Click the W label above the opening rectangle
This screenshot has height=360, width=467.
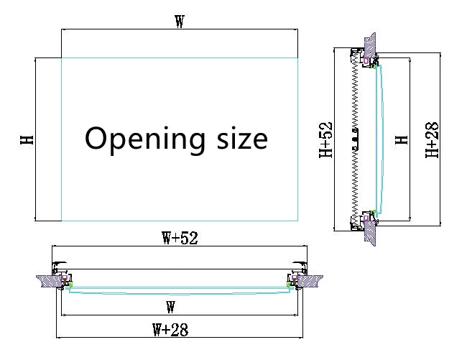pyautogui.click(x=180, y=22)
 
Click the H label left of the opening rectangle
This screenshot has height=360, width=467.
pyautogui.click(x=27, y=139)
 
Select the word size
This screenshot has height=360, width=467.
pyautogui.click(x=242, y=139)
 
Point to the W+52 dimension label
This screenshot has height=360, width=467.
pyautogui.click(x=180, y=238)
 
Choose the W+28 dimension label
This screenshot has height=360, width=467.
pyautogui.click(x=170, y=330)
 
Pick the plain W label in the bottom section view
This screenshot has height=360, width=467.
pyautogui.click(x=170, y=307)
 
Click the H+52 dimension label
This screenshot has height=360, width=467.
pyautogui.click(x=325, y=139)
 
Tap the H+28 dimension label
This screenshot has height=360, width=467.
pyautogui.click(x=432, y=139)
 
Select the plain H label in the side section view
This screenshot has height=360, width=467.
pyautogui.click(x=402, y=139)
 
